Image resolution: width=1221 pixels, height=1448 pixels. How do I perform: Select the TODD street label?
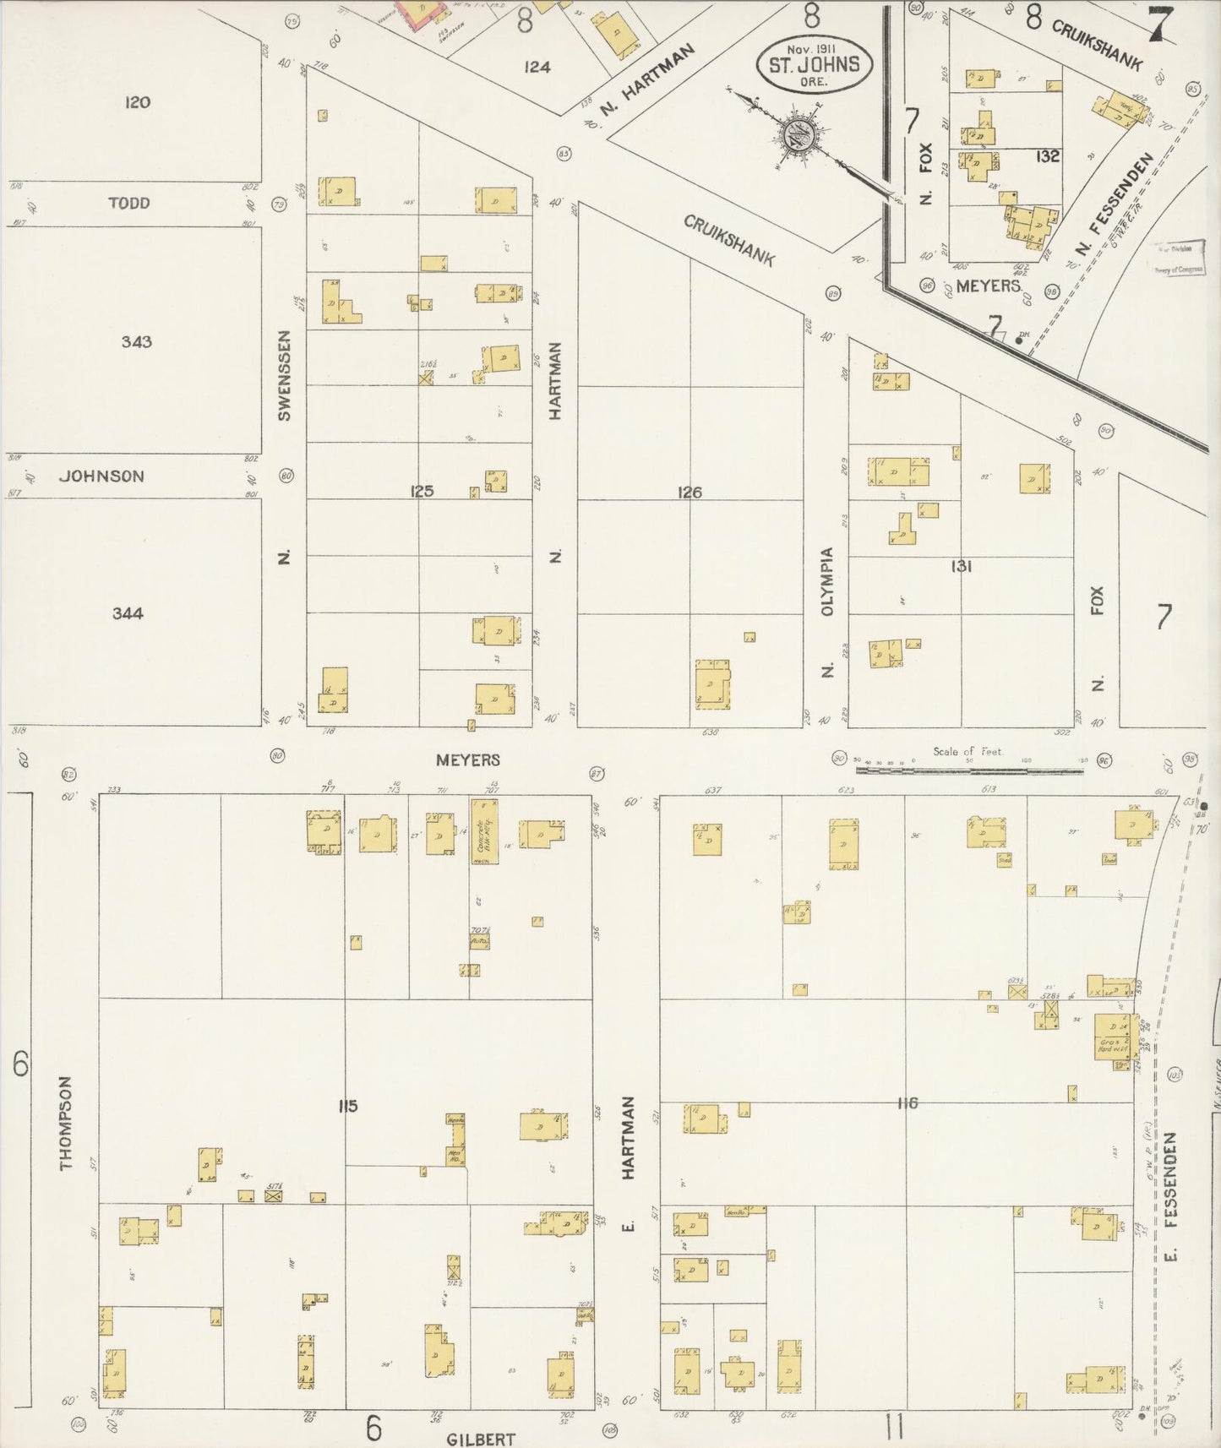pyautogui.click(x=129, y=203)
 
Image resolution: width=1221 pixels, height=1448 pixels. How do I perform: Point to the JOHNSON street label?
pyautogui.click(x=101, y=476)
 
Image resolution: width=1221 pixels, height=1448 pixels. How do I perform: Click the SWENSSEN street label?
pyautogui.click(x=285, y=376)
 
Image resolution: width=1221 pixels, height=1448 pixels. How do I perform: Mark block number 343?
pyautogui.click(x=137, y=342)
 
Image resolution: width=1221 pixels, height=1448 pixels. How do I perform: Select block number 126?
pyautogui.click(x=690, y=492)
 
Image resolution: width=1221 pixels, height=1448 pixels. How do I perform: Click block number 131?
pyautogui.click(x=962, y=566)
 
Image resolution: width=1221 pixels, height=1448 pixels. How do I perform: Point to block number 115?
pyautogui.click(x=348, y=1106)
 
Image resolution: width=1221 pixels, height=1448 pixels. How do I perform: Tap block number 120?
pyautogui.click(x=137, y=103)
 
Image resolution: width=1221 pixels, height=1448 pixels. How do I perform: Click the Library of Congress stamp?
pyautogui.click(x=1180, y=259)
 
